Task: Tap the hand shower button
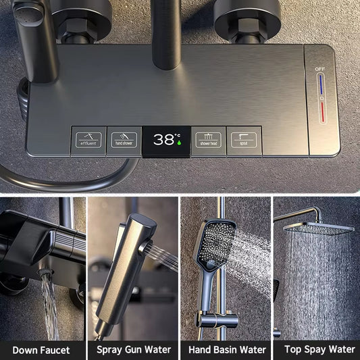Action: coord(124,140)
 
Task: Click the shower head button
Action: coord(209,140)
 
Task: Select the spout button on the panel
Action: coord(244,140)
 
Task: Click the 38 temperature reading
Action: coord(164,139)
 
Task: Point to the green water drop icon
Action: coord(179,143)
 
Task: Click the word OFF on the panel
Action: coord(320,69)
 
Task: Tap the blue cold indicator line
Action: coord(321,84)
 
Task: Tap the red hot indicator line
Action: coord(322,112)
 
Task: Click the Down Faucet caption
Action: coord(41,351)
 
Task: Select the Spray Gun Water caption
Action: coord(134,350)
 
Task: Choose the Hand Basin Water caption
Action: coord(227,350)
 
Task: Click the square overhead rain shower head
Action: coord(319,228)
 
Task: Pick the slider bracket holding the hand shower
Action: coord(217,319)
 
